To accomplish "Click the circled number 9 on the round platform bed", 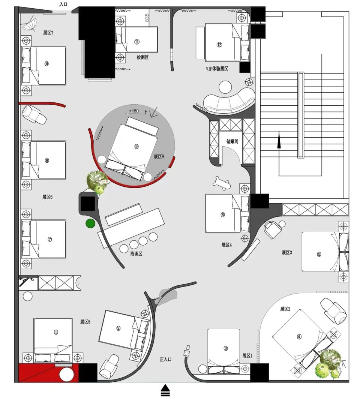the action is [x=136, y=147].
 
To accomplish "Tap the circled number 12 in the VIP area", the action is [x=219, y=45].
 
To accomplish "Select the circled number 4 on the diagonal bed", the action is [x=299, y=336].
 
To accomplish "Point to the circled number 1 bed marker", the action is [x=56, y=332].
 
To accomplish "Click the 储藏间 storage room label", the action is [x=232, y=141].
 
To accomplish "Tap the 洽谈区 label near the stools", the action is [x=136, y=253].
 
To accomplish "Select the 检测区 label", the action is [x=142, y=57].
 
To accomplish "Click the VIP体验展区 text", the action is [x=217, y=69].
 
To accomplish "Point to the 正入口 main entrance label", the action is [x=165, y=359].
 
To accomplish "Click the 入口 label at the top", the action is [x=63, y=4].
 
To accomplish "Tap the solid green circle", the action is [x=90, y=223].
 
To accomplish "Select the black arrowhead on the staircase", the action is [x=279, y=141].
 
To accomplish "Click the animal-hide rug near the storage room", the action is [x=222, y=183].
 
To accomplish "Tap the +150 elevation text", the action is [x=134, y=111].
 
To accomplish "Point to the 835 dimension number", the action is [x=147, y=18].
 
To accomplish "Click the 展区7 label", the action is [x=48, y=33].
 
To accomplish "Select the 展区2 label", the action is [x=285, y=309].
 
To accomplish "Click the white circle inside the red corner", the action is [x=67, y=374].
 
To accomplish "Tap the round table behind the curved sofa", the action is [x=225, y=87].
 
